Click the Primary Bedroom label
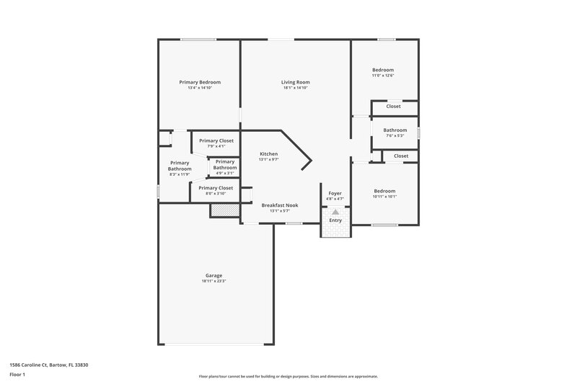click(x=200, y=82)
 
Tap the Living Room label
click(x=295, y=82)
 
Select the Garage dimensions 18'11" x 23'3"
click(x=213, y=281)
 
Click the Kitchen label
click(x=268, y=153)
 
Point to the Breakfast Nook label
click(x=279, y=205)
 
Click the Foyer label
click(x=335, y=193)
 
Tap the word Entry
click(x=335, y=220)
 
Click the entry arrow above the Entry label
click(x=335, y=212)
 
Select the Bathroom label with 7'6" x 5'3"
click(x=395, y=130)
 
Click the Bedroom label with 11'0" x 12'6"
click(x=383, y=70)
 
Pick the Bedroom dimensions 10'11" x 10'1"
click(x=384, y=197)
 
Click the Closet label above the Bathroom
click(x=393, y=106)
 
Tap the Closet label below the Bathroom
click(x=401, y=156)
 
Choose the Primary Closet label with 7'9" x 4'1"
click(x=216, y=140)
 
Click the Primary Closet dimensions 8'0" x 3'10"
click(x=216, y=194)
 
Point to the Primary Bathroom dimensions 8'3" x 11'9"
click(x=180, y=174)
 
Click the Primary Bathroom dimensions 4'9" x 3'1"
click(x=224, y=173)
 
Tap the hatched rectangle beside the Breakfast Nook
click(x=224, y=210)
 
